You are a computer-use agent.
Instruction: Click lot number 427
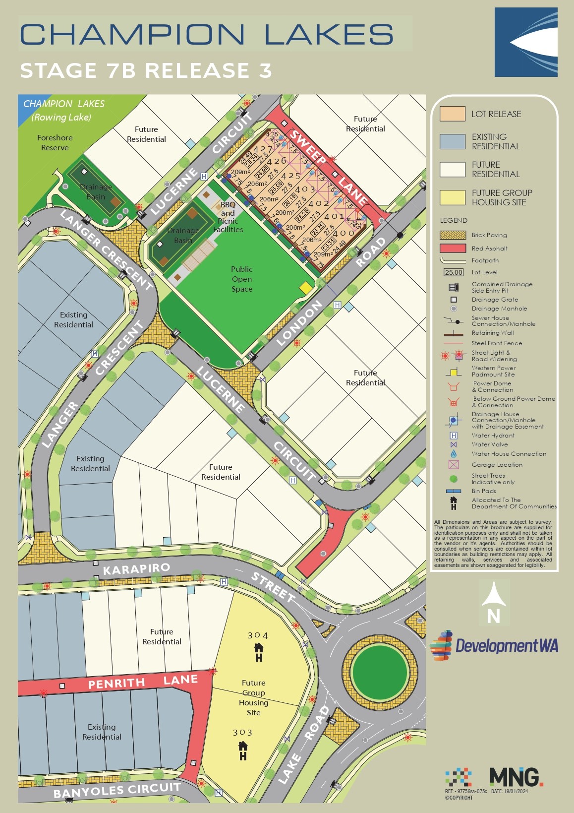263,149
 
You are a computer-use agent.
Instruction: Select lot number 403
305,189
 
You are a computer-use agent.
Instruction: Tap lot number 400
343,233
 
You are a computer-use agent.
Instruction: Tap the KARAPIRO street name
136,569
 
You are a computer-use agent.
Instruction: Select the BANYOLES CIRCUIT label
117,790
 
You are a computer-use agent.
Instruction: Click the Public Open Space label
242,279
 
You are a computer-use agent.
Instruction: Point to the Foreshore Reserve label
55,142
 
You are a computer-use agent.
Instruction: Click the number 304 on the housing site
258,635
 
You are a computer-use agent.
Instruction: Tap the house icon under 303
243,750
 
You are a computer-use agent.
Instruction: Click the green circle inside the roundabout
380,672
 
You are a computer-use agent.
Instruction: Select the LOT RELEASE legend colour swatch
452,114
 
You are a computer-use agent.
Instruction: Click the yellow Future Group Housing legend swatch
452,197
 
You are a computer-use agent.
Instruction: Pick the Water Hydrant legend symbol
453,436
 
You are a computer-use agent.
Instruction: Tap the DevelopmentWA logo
494,645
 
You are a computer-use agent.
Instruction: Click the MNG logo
516,777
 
